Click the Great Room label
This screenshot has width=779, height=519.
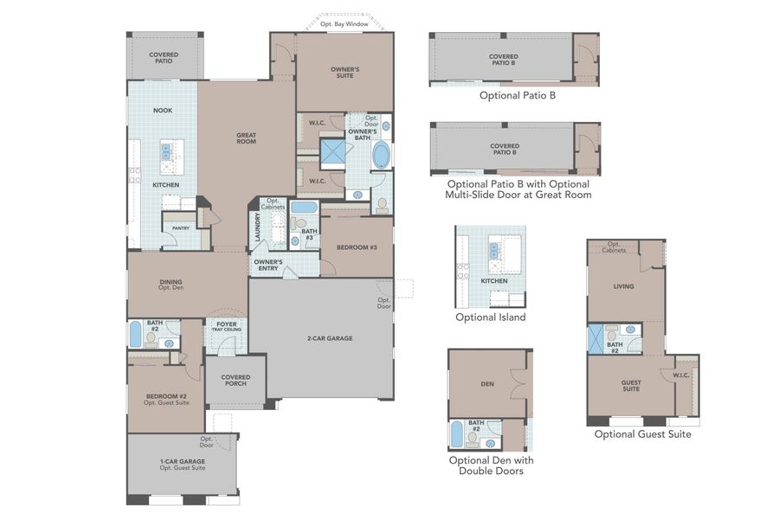point(247,137)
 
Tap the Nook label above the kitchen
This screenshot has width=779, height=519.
point(163,110)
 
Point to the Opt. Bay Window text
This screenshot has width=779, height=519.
point(344,24)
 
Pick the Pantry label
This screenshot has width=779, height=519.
point(181,228)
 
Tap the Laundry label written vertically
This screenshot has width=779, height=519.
point(257,228)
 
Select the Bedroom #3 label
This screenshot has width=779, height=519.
point(356,248)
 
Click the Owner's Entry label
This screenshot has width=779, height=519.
point(267,265)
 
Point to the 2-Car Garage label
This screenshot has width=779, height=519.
point(329,338)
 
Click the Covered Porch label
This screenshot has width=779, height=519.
point(235,380)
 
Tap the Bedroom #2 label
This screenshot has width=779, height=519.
point(166,400)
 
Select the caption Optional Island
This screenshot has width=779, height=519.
point(490,317)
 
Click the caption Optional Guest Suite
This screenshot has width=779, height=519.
point(642,434)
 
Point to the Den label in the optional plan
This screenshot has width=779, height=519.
point(487,383)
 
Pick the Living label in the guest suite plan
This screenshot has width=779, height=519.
point(623,286)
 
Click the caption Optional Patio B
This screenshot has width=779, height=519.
point(518,95)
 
